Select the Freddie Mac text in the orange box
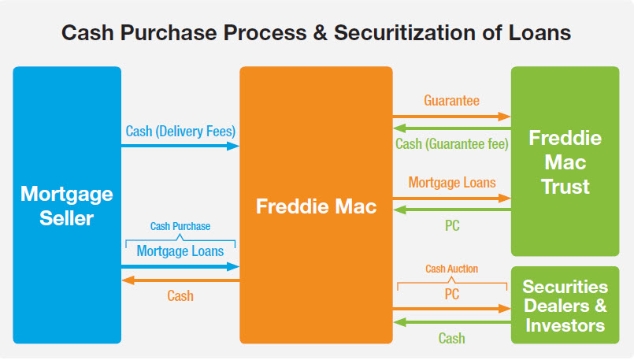tap(316, 207)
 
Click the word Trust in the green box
tap(565, 187)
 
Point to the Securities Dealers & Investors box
tap(565, 306)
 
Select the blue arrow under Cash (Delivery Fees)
tap(180, 146)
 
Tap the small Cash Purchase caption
tap(180, 226)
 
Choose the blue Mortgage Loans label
tap(180, 251)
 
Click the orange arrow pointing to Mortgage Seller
tap(180, 280)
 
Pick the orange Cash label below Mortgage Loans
tap(180, 296)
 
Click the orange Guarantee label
tap(451, 101)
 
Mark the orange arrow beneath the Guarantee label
tap(451, 116)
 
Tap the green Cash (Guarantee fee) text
tap(451, 144)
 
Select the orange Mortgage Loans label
tap(452, 182)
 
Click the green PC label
tap(451, 225)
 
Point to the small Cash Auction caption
tap(451, 269)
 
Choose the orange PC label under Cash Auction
tap(451, 294)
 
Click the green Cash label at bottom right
tap(451, 338)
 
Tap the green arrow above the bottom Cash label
tap(451, 322)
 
